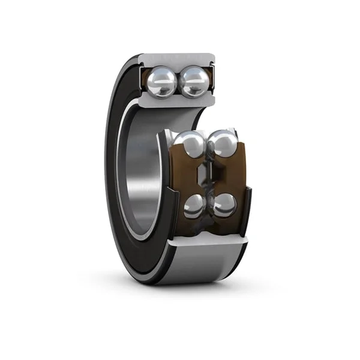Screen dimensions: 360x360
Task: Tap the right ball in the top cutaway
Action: click(x=194, y=81)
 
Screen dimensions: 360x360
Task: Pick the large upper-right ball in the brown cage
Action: click(x=223, y=145)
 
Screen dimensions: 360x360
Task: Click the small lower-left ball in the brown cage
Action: click(x=194, y=206)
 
